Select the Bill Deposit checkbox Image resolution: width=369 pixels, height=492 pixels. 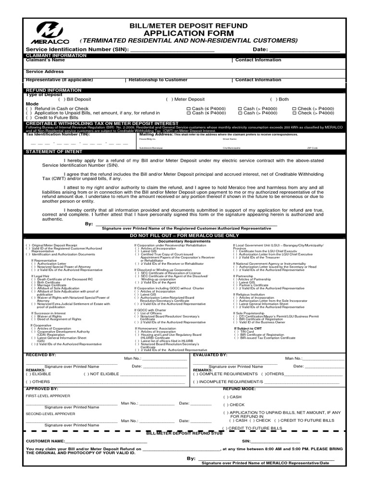tap(61, 99)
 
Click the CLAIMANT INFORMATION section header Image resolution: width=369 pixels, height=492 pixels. tap(56, 56)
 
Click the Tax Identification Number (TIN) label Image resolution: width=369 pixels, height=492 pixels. tap(58, 135)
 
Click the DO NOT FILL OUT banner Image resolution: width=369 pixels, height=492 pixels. tap(184, 235)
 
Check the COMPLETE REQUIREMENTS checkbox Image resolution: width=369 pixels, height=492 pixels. tap(196, 373)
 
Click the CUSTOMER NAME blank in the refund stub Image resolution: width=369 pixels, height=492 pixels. tap(106, 441)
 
